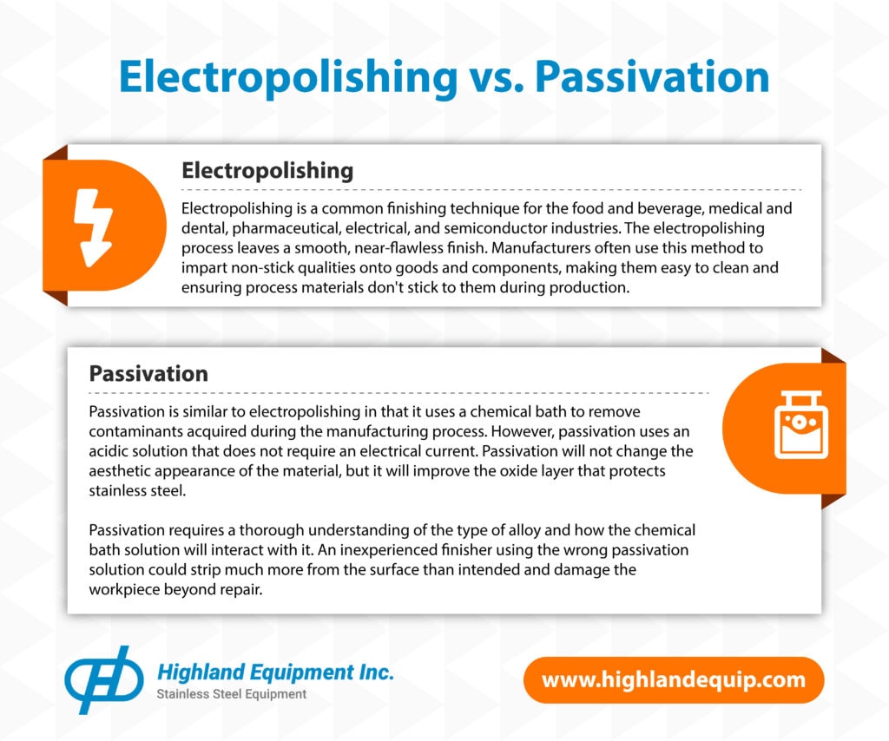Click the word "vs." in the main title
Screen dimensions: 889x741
496,77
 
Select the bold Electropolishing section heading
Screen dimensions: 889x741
267,171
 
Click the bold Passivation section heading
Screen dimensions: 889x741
148,374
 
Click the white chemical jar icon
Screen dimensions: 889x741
801,424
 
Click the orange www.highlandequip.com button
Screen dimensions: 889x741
674,679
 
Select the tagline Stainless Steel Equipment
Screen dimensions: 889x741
231,694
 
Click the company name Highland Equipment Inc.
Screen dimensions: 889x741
275,672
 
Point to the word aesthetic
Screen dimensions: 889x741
120,471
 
